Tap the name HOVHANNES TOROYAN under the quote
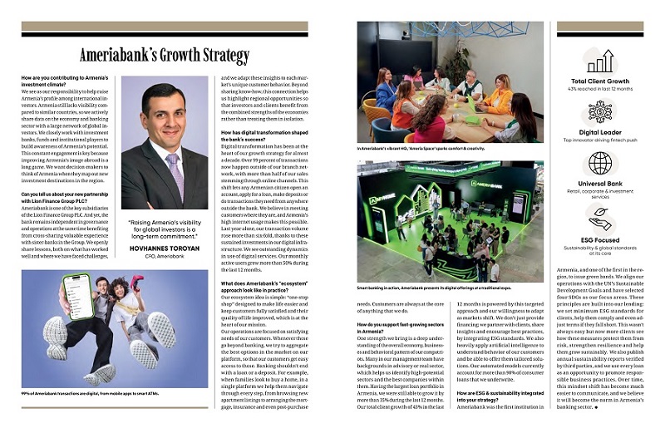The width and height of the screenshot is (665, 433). [x=164, y=248]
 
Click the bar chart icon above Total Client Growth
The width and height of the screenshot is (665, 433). [x=598, y=61]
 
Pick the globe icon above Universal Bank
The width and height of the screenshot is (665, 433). [x=598, y=163]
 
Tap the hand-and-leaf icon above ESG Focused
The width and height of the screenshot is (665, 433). [x=598, y=215]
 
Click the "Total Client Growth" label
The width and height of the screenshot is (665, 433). [x=599, y=81]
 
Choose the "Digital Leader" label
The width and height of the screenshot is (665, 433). [x=599, y=132]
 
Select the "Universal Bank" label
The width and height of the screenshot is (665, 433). [x=599, y=183]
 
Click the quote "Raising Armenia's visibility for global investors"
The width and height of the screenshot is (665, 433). [x=164, y=230]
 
